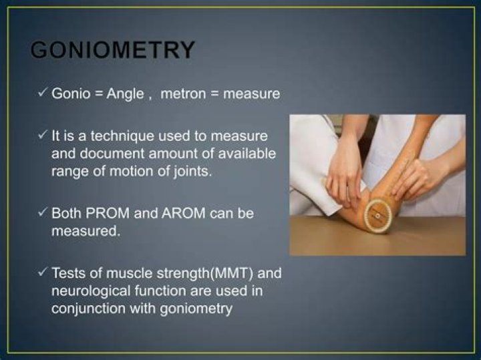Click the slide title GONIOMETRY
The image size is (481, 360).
pyautogui.click(x=114, y=50)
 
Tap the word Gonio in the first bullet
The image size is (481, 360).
pyautogui.click(x=69, y=94)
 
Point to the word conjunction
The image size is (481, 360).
pyautogui.click(x=83, y=309)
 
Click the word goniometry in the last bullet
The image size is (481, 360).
pyautogui.click(x=198, y=309)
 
